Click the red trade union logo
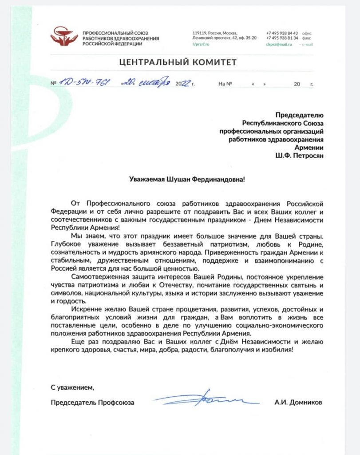coord(65,37)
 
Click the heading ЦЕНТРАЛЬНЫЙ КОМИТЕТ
coord(178,62)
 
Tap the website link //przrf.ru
coord(201,44)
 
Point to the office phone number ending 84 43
coord(282,33)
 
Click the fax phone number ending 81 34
coord(282,39)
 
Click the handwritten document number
coord(82,83)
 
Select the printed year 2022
coord(182,84)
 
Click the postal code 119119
coord(199,33)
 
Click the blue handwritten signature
coord(207,398)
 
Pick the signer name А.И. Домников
coord(298,403)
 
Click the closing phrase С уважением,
coord(72,387)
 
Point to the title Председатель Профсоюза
coord(92,403)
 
